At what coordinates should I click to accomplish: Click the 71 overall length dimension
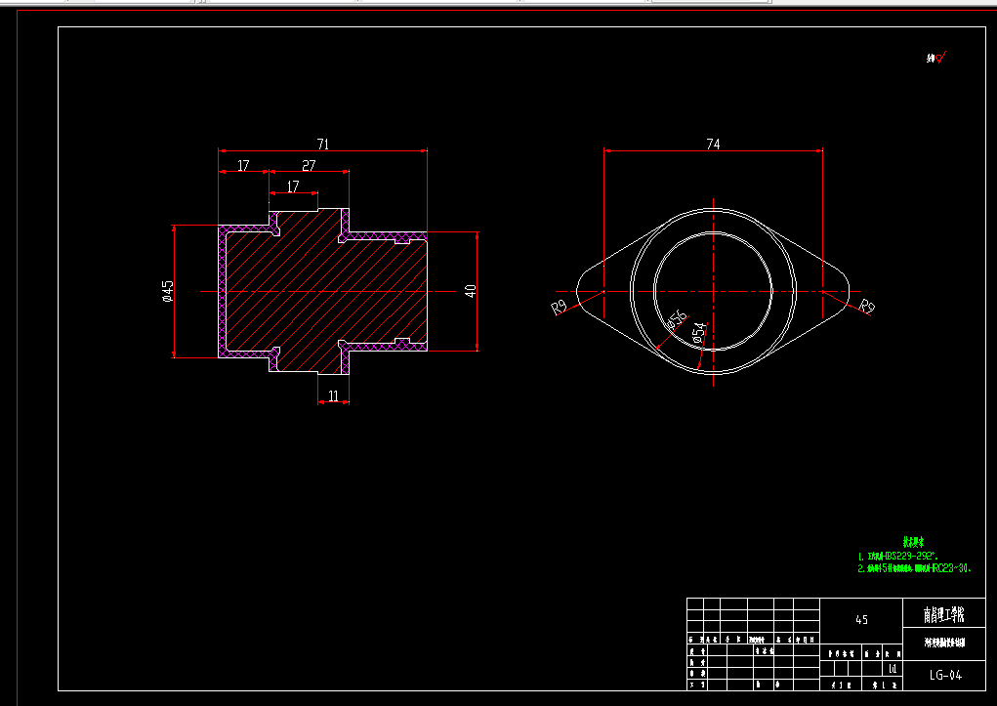pos(323,145)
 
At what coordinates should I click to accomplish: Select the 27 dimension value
pos(309,166)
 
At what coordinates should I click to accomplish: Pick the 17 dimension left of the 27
pos(243,166)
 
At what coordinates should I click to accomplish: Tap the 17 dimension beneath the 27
pos(293,187)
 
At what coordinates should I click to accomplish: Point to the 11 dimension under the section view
pos(333,395)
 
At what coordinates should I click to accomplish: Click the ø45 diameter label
pos(168,291)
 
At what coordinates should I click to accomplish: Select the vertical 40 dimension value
pos(470,291)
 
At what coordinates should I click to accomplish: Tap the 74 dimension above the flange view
pos(713,145)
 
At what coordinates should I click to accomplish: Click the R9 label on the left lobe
pos(560,308)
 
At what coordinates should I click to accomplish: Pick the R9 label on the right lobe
pos(867,308)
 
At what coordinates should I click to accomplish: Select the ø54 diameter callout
pos(699,334)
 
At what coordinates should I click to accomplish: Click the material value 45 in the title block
pos(861,619)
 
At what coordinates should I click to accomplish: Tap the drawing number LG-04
pos(945,675)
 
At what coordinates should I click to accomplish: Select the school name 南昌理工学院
pos(944,615)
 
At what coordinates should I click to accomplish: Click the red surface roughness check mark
pos(940,59)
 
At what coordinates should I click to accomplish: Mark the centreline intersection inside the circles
pos(714,291)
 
